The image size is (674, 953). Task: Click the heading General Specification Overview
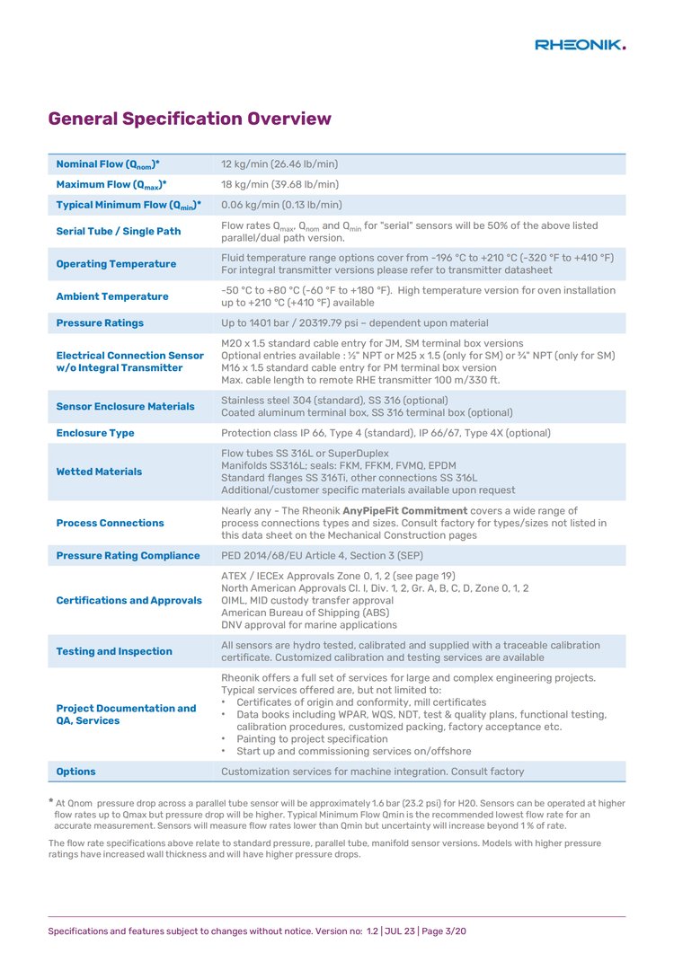click(190, 119)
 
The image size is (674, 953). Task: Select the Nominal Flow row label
click(108, 164)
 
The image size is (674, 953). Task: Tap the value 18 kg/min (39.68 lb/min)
click(279, 184)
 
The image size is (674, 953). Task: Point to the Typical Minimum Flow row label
click(129, 205)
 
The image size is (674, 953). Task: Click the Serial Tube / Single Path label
click(118, 231)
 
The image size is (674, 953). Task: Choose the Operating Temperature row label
click(116, 264)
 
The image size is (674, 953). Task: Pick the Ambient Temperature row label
click(111, 296)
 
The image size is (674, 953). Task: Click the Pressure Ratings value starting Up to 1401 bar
click(355, 322)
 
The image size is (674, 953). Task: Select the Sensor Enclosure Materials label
click(125, 406)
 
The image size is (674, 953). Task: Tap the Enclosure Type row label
click(95, 433)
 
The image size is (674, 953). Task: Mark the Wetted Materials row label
click(99, 472)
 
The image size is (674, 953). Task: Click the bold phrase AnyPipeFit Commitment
click(405, 511)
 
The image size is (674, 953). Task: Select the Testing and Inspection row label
click(114, 651)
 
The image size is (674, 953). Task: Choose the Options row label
click(75, 772)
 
